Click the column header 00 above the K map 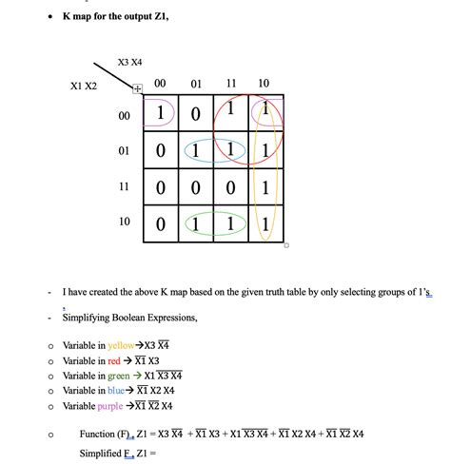160,84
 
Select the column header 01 196,84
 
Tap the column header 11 231,84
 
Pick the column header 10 264,84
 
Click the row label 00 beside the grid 125,115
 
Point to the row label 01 125,151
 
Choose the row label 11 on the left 125,187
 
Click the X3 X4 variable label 129,62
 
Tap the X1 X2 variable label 84,87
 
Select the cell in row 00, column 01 196,115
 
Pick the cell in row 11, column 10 265,188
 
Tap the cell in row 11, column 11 230,188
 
